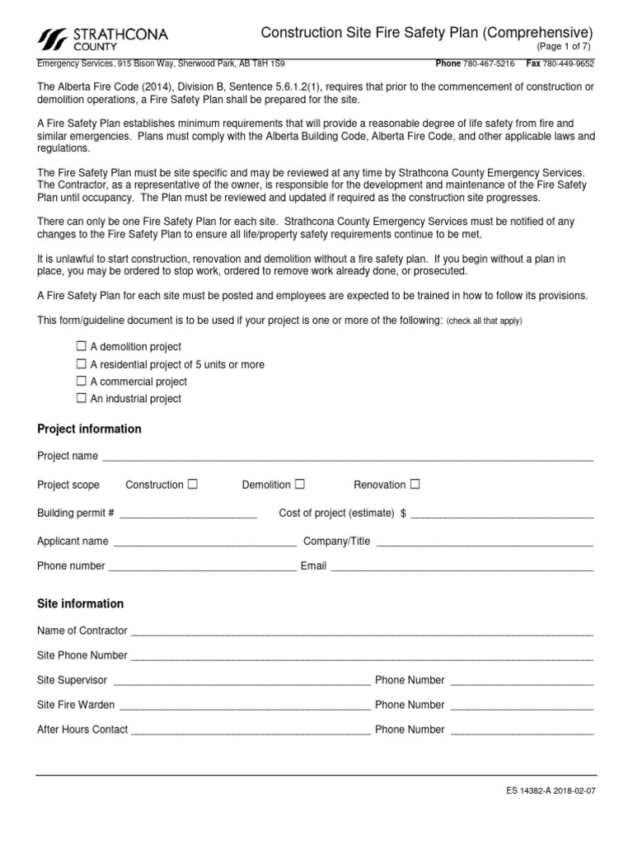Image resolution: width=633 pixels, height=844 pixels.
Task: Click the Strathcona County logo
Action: [x=103, y=38]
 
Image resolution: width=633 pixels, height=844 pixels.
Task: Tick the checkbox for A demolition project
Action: [x=81, y=346]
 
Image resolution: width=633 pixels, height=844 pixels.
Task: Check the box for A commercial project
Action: [x=81, y=381]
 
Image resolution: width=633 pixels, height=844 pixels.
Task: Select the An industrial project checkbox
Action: [x=81, y=398]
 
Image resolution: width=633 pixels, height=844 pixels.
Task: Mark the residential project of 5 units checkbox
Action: [x=81, y=363]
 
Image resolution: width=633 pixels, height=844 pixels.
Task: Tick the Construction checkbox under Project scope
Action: [x=192, y=484]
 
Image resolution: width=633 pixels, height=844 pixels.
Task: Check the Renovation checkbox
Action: [x=415, y=484]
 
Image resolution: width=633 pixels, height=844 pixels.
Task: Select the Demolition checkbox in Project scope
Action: [x=300, y=484]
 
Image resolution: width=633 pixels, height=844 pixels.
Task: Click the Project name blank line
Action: [x=346, y=457]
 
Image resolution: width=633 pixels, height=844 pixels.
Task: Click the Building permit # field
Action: [x=188, y=514]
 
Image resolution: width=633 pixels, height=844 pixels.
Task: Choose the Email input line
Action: [x=462, y=568]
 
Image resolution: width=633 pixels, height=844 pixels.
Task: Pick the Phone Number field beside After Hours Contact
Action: [x=521, y=731]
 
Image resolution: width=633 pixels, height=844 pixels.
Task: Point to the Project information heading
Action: [x=89, y=429]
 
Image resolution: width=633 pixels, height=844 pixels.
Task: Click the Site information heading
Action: [x=81, y=603]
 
